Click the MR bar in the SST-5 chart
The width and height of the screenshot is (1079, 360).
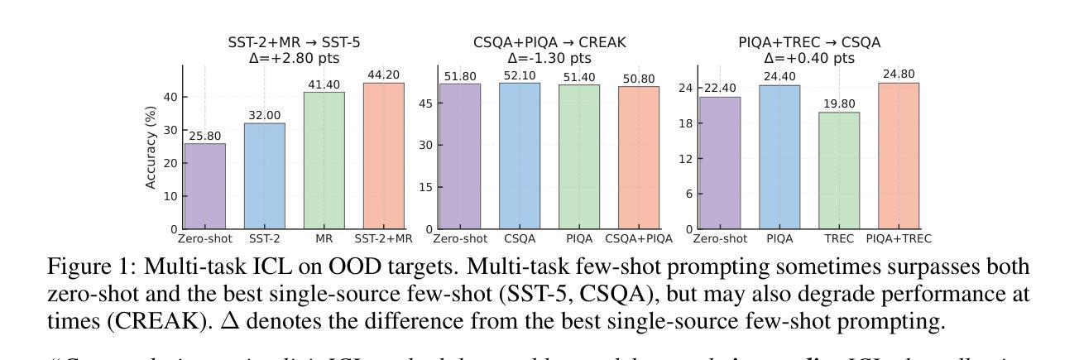[x=324, y=160]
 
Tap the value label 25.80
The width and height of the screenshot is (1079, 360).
[x=204, y=135]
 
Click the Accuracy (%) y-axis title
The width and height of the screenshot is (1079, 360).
[x=152, y=147]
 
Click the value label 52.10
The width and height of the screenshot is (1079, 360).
[x=520, y=74]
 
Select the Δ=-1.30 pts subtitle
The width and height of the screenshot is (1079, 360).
[x=549, y=58]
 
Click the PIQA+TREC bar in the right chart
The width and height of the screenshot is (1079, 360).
[x=899, y=156]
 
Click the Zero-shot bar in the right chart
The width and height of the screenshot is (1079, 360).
[x=719, y=162]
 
